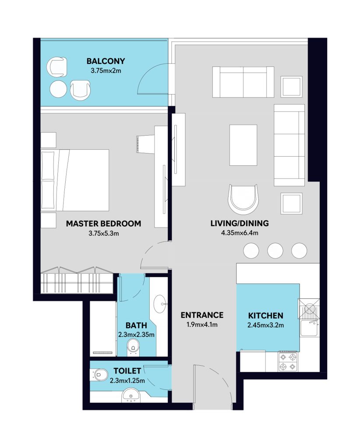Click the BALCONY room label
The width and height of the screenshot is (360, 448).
(x=106, y=61)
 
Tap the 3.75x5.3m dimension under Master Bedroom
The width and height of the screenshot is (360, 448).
(x=103, y=234)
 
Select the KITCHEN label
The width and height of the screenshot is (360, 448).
(x=266, y=316)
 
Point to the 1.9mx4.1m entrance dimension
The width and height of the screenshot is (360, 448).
(x=202, y=325)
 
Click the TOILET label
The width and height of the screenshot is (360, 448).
(x=127, y=371)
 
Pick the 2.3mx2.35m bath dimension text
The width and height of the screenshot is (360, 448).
(x=136, y=335)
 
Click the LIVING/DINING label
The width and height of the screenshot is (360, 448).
(x=240, y=224)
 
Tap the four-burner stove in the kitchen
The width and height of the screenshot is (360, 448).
(x=288, y=362)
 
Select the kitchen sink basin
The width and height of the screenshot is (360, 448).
(x=309, y=328)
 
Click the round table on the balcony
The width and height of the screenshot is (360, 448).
(x=58, y=89)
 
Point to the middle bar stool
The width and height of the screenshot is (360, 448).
(x=275, y=251)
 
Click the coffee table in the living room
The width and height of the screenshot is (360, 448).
(x=243, y=145)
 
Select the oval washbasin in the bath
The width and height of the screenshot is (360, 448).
(x=160, y=304)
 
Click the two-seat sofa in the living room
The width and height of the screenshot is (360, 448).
(x=243, y=82)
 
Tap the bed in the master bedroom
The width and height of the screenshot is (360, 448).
(x=75, y=180)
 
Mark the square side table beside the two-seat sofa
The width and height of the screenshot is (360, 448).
(x=291, y=87)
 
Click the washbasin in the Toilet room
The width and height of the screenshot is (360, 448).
(x=131, y=395)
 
